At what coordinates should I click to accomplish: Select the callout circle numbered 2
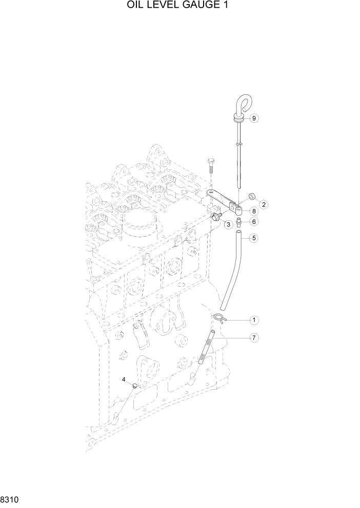click(264, 204)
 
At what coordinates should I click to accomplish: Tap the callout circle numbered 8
click(254, 211)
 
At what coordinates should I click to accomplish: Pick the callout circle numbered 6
click(254, 222)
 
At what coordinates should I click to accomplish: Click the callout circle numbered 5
click(254, 238)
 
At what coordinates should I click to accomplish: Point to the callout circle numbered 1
click(253, 320)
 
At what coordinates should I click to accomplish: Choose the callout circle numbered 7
click(254, 338)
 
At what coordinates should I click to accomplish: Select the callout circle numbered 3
click(228, 225)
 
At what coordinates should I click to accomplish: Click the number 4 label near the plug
click(124, 379)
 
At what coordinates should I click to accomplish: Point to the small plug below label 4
click(135, 386)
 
